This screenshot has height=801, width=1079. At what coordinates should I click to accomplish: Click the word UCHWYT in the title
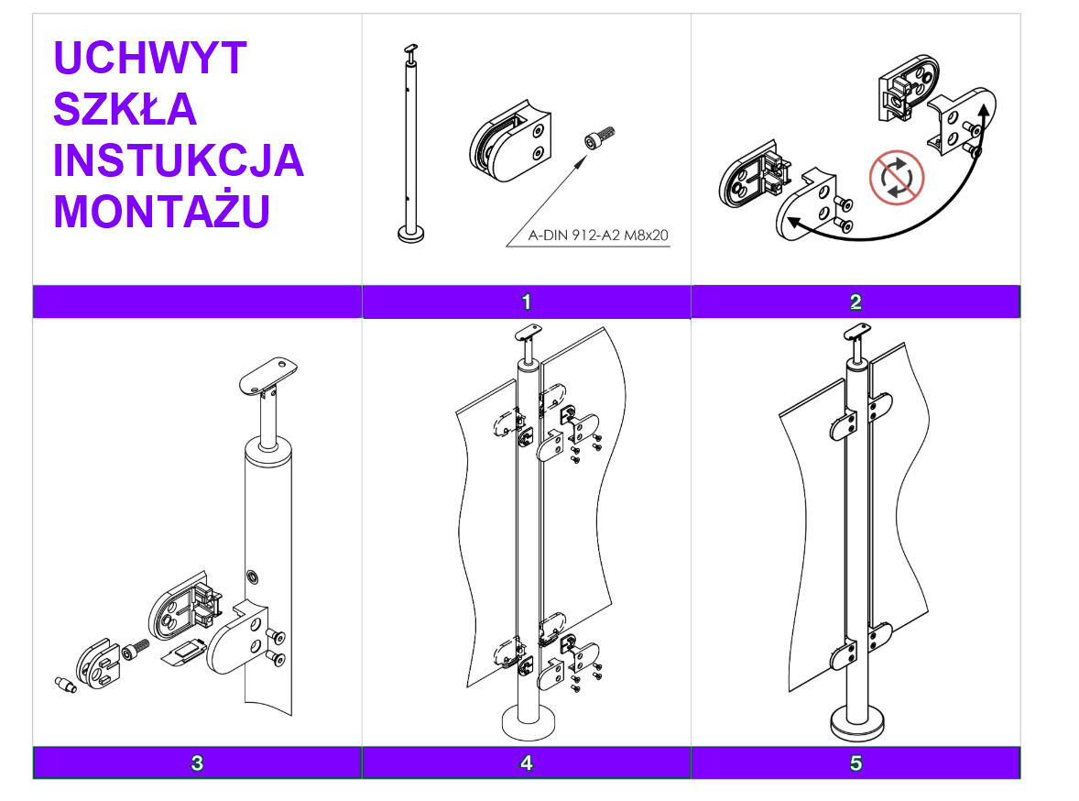click(x=150, y=59)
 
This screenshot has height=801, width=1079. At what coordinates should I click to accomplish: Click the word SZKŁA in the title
click(x=125, y=110)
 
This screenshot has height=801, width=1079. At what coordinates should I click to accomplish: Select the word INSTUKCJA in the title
click(x=179, y=161)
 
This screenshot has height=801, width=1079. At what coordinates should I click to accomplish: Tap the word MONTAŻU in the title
click(x=162, y=213)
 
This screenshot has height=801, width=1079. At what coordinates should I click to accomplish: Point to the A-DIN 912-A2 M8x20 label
click(x=599, y=236)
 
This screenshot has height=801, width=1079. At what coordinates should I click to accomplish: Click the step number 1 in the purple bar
click(x=526, y=302)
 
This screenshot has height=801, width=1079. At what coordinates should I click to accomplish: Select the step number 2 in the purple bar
click(x=856, y=302)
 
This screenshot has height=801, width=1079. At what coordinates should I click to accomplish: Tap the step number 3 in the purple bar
click(x=197, y=763)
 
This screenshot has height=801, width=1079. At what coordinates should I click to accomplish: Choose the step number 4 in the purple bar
click(x=526, y=763)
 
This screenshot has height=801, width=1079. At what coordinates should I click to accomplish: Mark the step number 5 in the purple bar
click(x=856, y=763)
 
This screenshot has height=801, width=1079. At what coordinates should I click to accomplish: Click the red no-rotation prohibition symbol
click(x=897, y=178)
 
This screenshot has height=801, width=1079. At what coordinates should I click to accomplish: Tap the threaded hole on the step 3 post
click(x=251, y=576)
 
